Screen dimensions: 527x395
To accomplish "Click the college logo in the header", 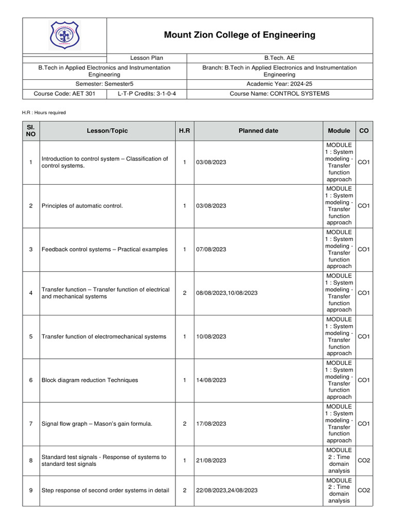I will (65, 36).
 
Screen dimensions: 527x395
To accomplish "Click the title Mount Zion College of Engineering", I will (240, 35).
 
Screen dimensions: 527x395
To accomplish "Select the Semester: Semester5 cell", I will (104, 83).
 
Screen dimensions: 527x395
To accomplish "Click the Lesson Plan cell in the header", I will (147, 58).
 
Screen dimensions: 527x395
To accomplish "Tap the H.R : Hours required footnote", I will (44, 113).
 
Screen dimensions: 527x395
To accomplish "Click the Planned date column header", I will (258, 131).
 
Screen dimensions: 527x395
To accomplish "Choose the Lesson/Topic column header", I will (107, 131).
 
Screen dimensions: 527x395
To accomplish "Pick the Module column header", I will (339, 131).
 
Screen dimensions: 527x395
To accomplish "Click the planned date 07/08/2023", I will (211, 250).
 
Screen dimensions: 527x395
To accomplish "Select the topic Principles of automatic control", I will (82, 206).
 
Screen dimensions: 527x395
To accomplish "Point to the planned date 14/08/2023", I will (211, 380).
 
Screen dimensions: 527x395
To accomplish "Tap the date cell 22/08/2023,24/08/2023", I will (227, 490).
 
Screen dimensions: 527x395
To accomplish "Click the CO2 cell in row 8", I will (364, 461).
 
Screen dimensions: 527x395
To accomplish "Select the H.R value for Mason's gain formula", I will (185, 424).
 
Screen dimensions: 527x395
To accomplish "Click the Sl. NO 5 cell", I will (31, 337).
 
